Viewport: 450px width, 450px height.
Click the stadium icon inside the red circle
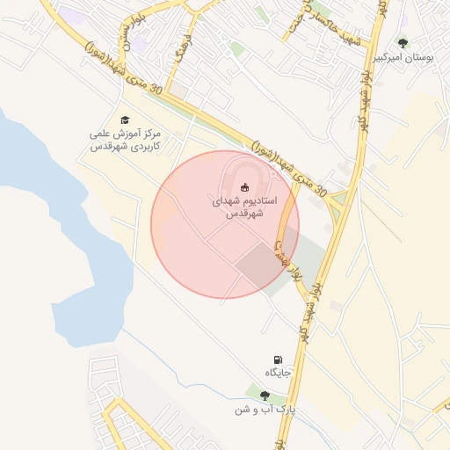(x=244, y=186)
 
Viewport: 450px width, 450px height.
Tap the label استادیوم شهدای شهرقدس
(x=245, y=207)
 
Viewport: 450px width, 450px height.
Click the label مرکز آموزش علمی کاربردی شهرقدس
(x=127, y=142)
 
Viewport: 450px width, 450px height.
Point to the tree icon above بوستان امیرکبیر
(x=403, y=42)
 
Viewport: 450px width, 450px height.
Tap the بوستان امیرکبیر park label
(x=403, y=57)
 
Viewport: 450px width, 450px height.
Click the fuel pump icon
(x=279, y=360)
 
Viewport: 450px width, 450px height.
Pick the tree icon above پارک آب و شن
(x=265, y=396)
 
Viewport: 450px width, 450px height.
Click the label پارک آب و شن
(x=265, y=410)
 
